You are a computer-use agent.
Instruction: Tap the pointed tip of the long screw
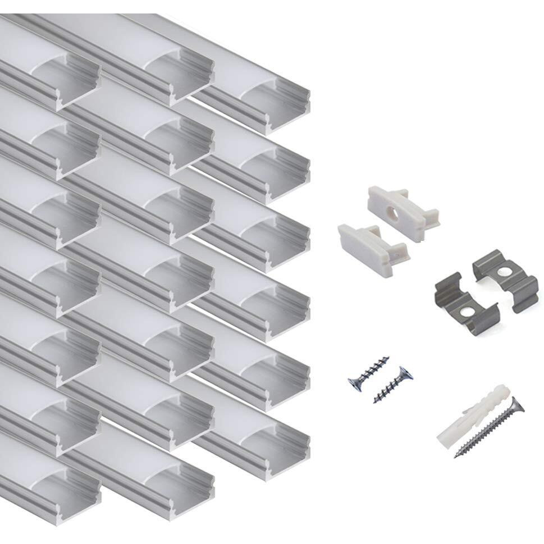click(x=457, y=455)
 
